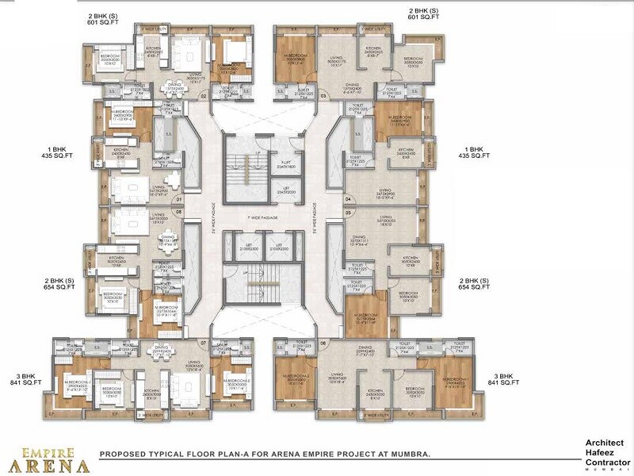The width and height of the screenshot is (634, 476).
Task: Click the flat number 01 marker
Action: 179,199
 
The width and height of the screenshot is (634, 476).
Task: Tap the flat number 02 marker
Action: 204,96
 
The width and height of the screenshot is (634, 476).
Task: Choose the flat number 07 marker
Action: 204,344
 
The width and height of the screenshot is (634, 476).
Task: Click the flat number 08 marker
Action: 179,213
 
